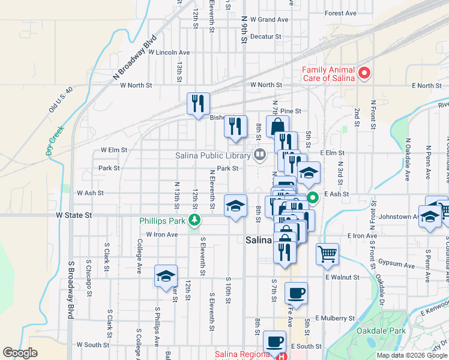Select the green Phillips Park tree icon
click(x=194, y=221)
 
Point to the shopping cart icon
click(x=327, y=253)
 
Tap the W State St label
click(x=74, y=214)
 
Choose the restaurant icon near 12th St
click(x=197, y=104)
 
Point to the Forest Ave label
click(x=340, y=13)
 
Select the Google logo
click(x=20, y=353)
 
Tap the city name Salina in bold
click(x=259, y=240)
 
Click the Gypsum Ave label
click(x=396, y=265)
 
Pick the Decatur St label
click(x=266, y=37)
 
